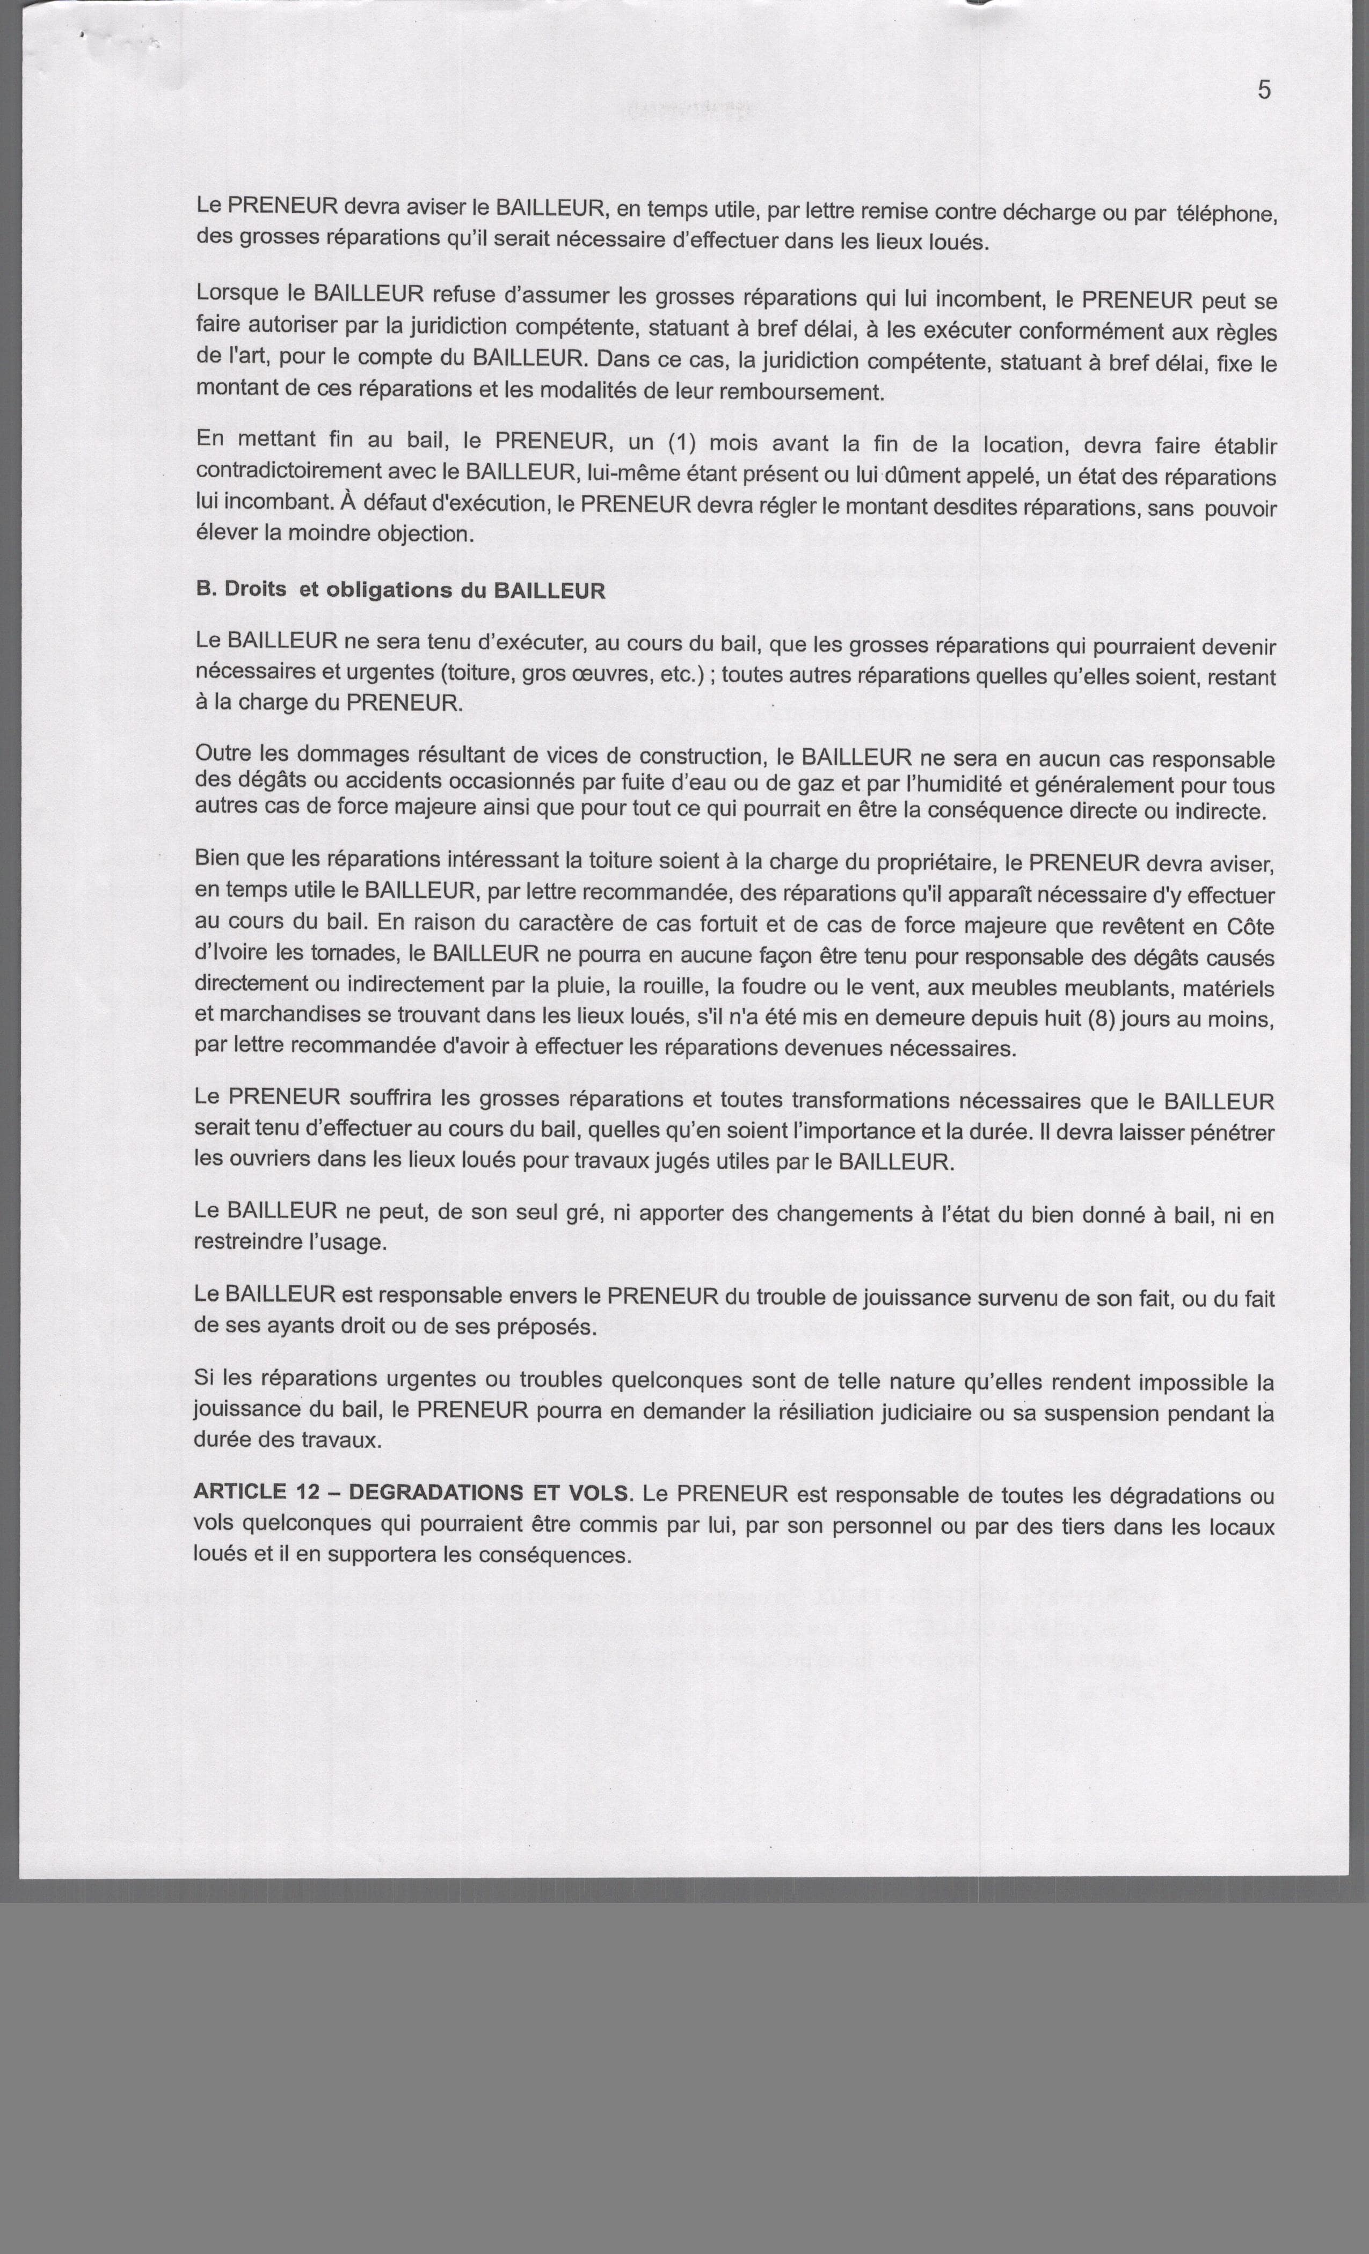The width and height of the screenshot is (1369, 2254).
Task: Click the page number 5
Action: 1264,90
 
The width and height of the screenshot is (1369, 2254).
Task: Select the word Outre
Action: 222,754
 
